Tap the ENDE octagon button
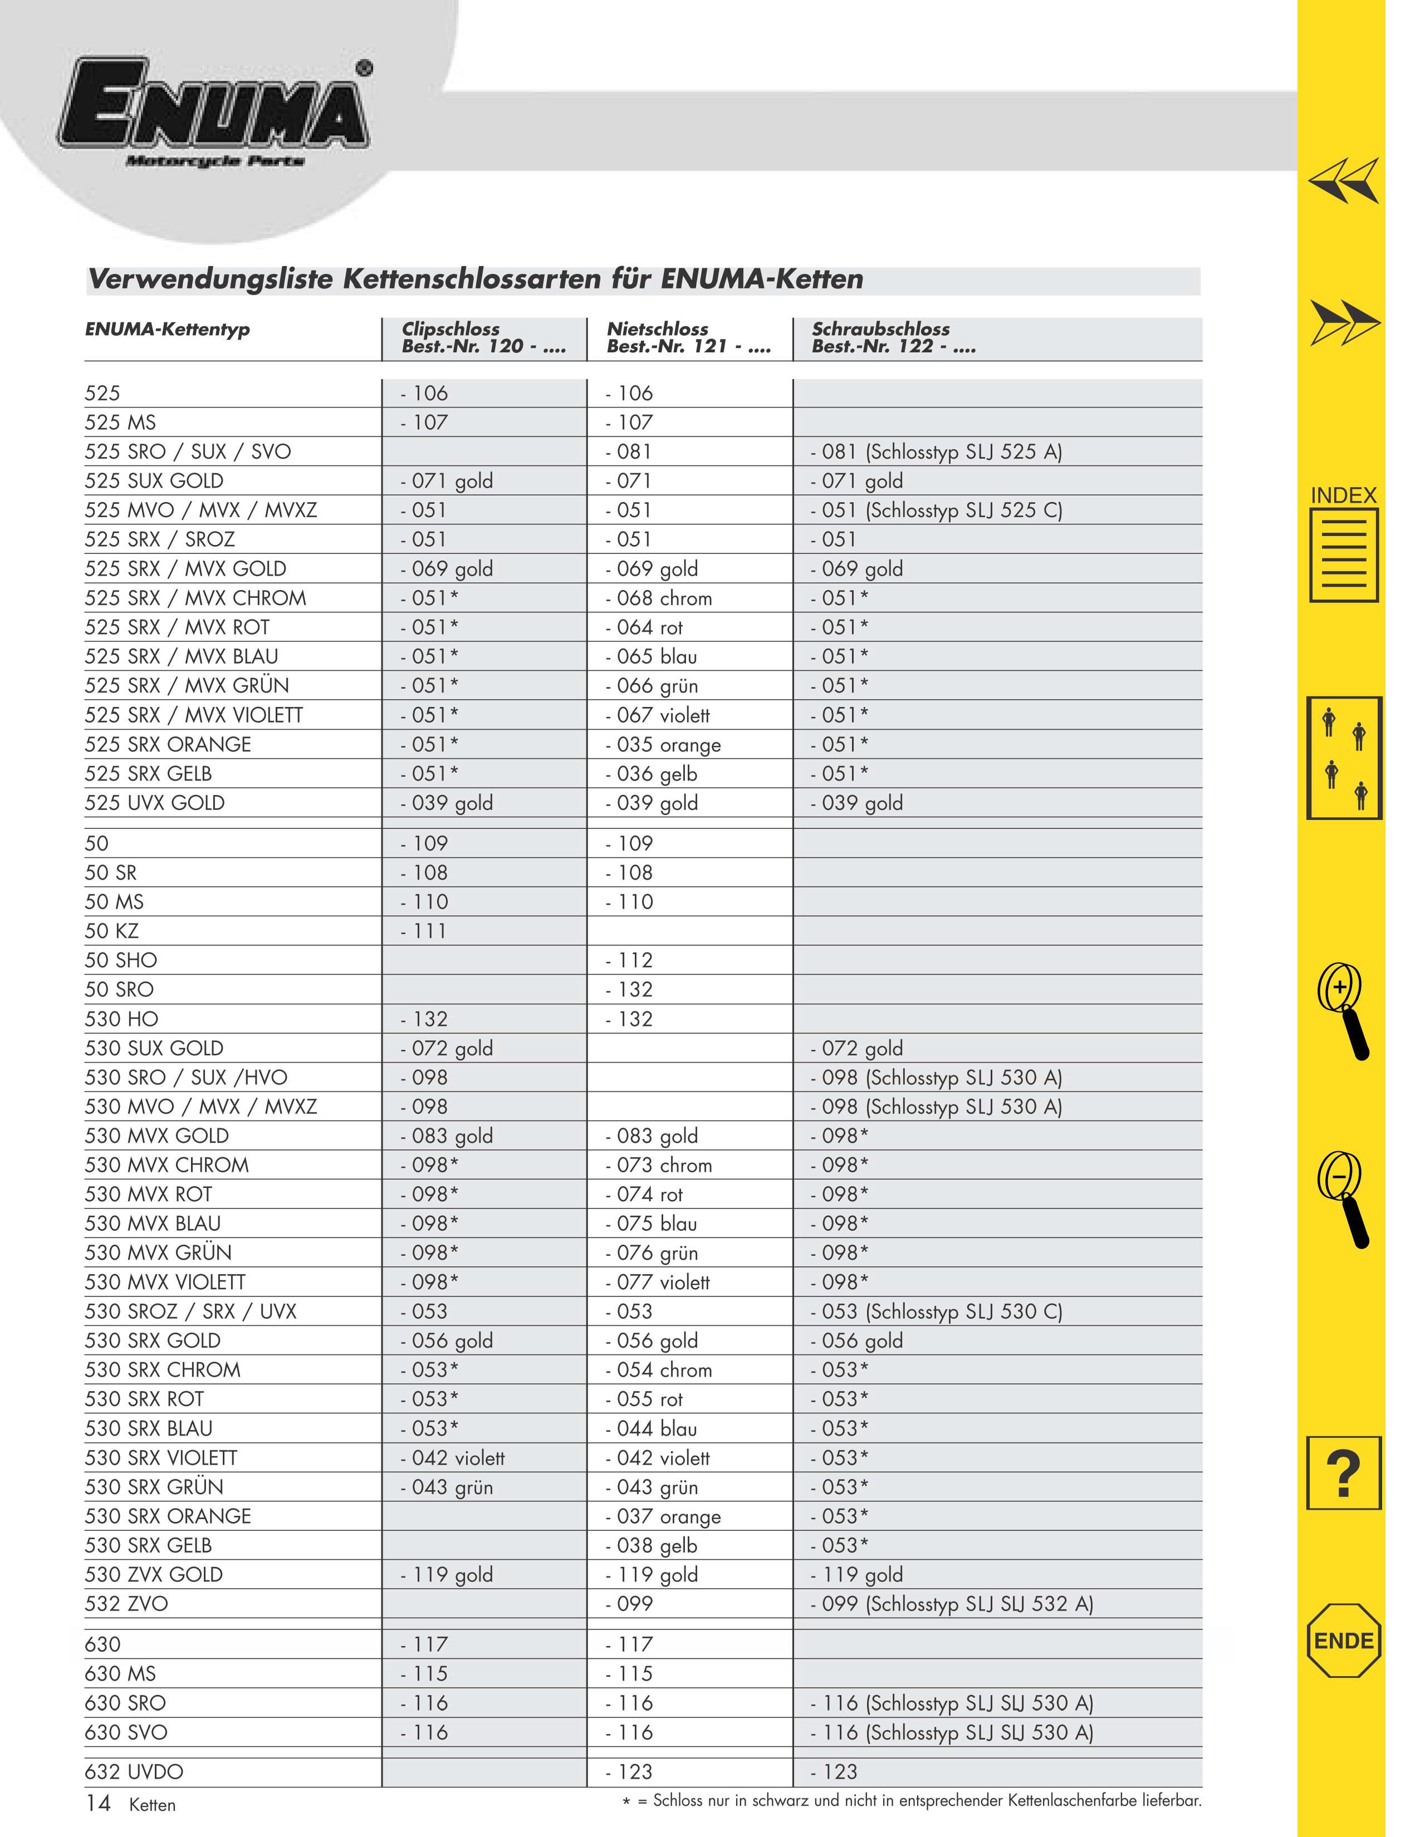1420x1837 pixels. click(1344, 1640)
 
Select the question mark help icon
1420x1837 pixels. click(1344, 1473)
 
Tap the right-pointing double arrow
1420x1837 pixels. click(1344, 322)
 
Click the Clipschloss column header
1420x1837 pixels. click(484, 337)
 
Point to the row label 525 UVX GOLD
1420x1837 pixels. click(155, 803)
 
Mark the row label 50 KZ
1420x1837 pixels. click(112, 931)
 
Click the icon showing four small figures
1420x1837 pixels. click(1344, 758)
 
